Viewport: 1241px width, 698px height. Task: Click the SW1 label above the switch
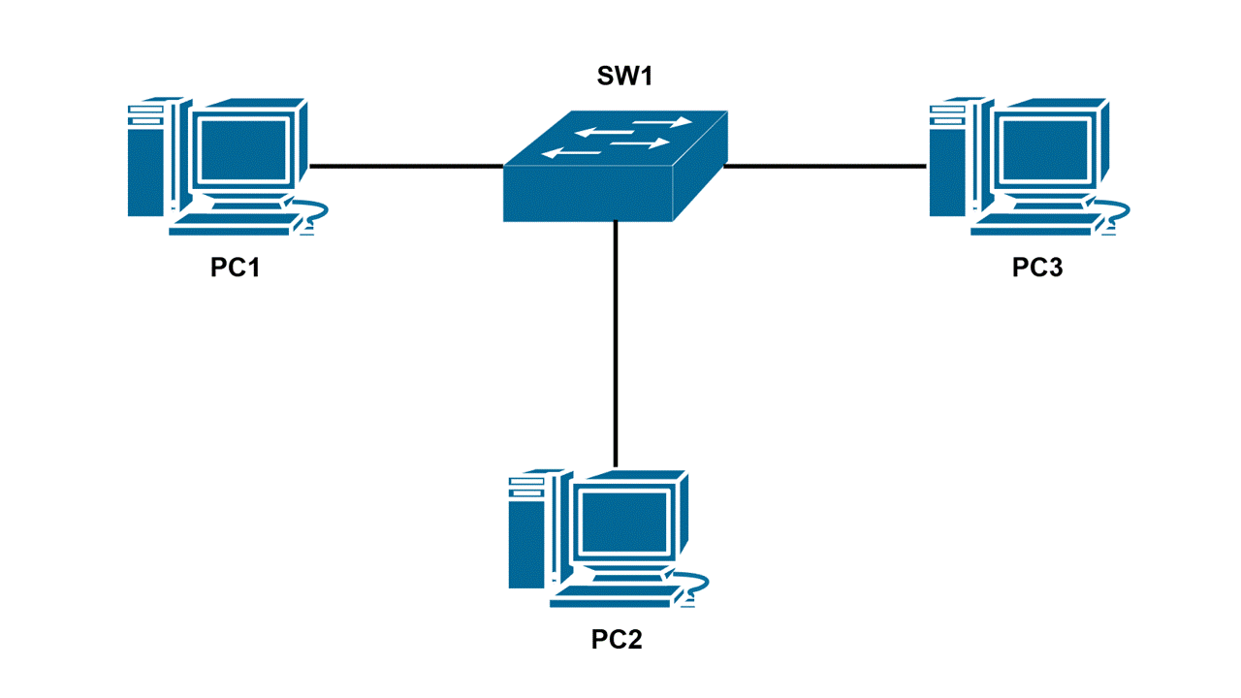pos(623,77)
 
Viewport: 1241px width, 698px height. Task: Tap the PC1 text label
pos(236,268)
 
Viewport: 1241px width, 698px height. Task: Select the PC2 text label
pos(617,640)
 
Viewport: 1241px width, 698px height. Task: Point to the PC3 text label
pos(1037,268)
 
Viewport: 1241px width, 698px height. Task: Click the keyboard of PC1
pos(231,225)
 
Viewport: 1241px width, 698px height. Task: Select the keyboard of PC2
pos(612,597)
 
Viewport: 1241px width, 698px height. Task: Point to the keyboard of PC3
pos(1033,225)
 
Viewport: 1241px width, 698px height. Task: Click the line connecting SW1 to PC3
pos(824,166)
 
